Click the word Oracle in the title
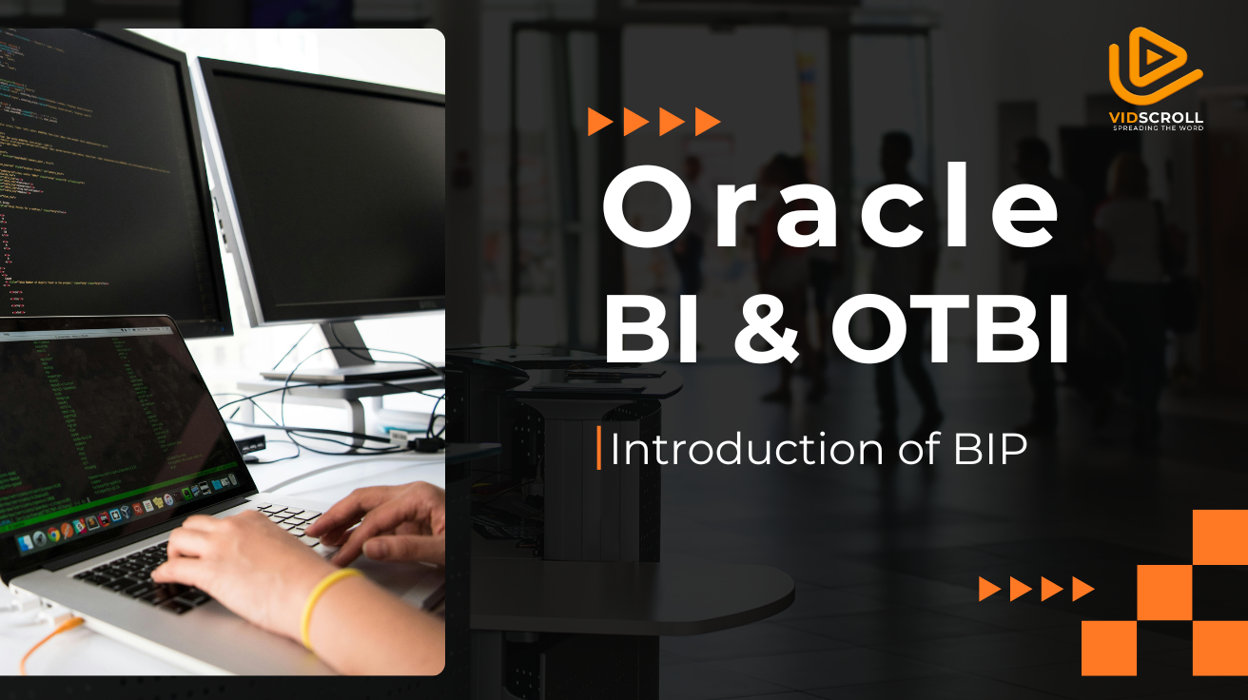pyautogui.click(x=830, y=204)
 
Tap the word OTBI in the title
pyautogui.click(x=949, y=330)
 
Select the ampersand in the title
pyautogui.click(x=767, y=330)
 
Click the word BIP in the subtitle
pyautogui.click(x=990, y=448)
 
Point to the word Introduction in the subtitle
pyautogui.click(x=747, y=448)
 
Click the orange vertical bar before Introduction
pyautogui.click(x=599, y=448)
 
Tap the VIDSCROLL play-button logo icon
pyautogui.click(x=1156, y=66)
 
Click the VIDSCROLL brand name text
pyautogui.click(x=1156, y=118)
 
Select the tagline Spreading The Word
pyautogui.click(x=1159, y=128)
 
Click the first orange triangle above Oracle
pyautogui.click(x=599, y=122)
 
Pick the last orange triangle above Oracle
pyautogui.click(x=707, y=122)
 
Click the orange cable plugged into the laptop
pyautogui.click(x=50, y=640)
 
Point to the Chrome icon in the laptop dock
pyautogui.click(x=53, y=535)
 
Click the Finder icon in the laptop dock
pyautogui.click(x=25, y=543)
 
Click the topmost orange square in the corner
pyautogui.click(x=1220, y=536)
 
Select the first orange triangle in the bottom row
pyautogui.click(x=989, y=589)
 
